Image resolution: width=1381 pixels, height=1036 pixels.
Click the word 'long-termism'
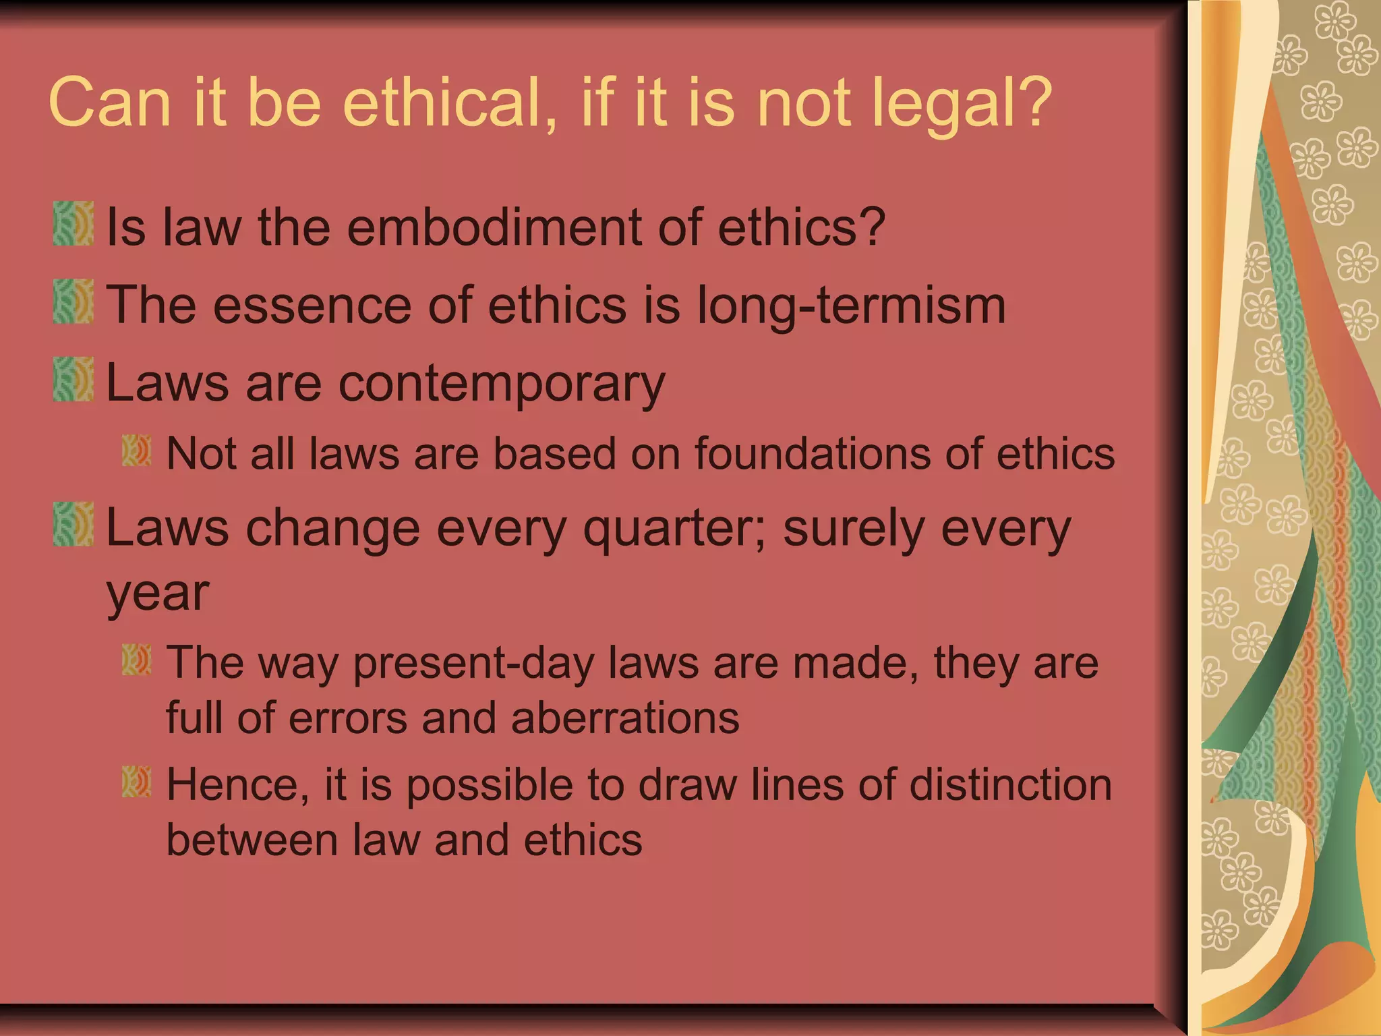[851, 306]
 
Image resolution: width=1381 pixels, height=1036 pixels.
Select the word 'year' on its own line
[158, 594]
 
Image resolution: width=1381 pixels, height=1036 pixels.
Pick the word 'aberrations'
[625, 718]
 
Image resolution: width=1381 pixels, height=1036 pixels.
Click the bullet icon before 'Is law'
[73, 223]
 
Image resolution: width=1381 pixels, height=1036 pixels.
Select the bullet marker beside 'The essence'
[73, 301]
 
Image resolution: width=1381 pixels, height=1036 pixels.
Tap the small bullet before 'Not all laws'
[136, 451]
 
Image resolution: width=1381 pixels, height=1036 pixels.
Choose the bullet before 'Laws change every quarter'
[73, 524]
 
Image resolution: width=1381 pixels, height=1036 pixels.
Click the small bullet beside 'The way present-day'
[136, 660]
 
